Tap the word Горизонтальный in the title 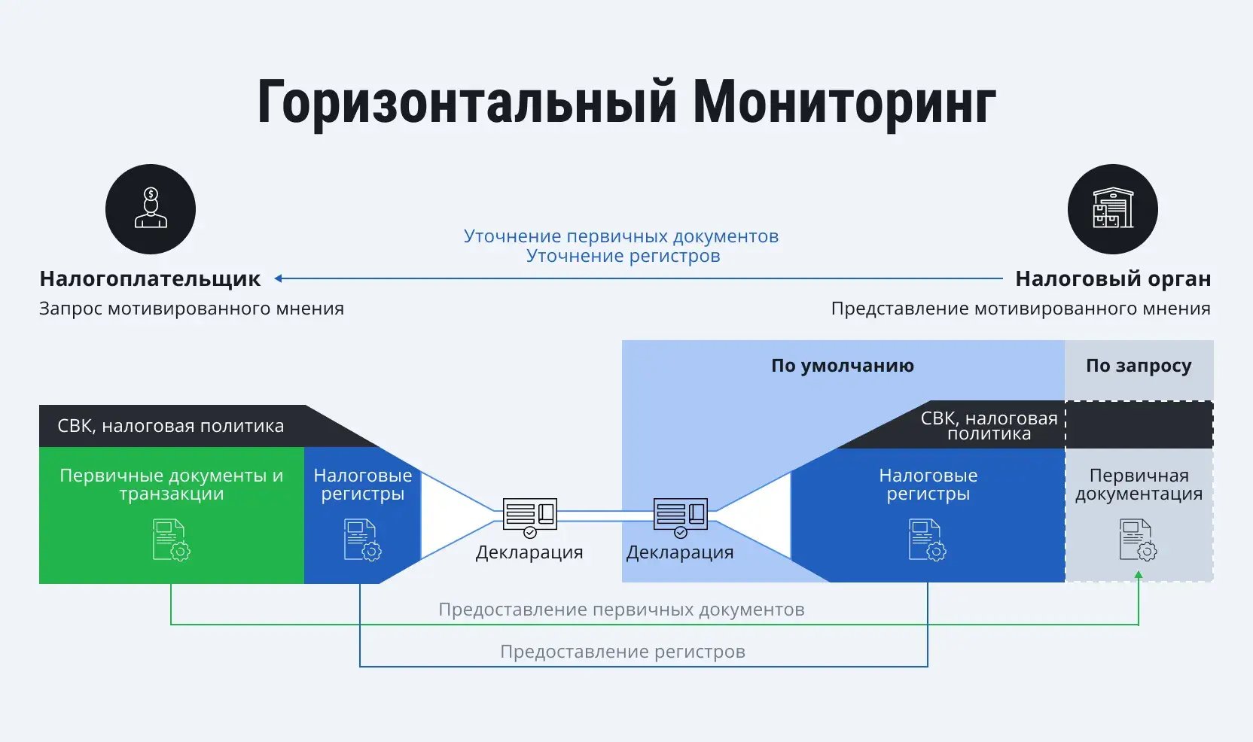tap(467, 103)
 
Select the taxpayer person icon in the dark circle tap(151, 208)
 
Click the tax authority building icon tap(1112, 208)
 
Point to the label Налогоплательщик tap(150, 279)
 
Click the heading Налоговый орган tap(1112, 279)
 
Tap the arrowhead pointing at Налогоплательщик tap(279, 278)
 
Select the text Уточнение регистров tap(623, 256)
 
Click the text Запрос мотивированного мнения tap(191, 309)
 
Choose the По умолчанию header tap(842, 366)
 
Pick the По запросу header tap(1138, 366)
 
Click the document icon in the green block tap(171, 540)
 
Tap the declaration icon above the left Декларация tap(529, 516)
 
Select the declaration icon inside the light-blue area tap(680, 516)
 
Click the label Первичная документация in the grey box tap(1138, 485)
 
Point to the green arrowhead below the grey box tap(1138, 576)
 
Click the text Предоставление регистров tap(622, 652)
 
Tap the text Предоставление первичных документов tap(621, 610)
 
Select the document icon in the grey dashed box tap(1138, 540)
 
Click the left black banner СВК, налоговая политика tap(171, 426)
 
